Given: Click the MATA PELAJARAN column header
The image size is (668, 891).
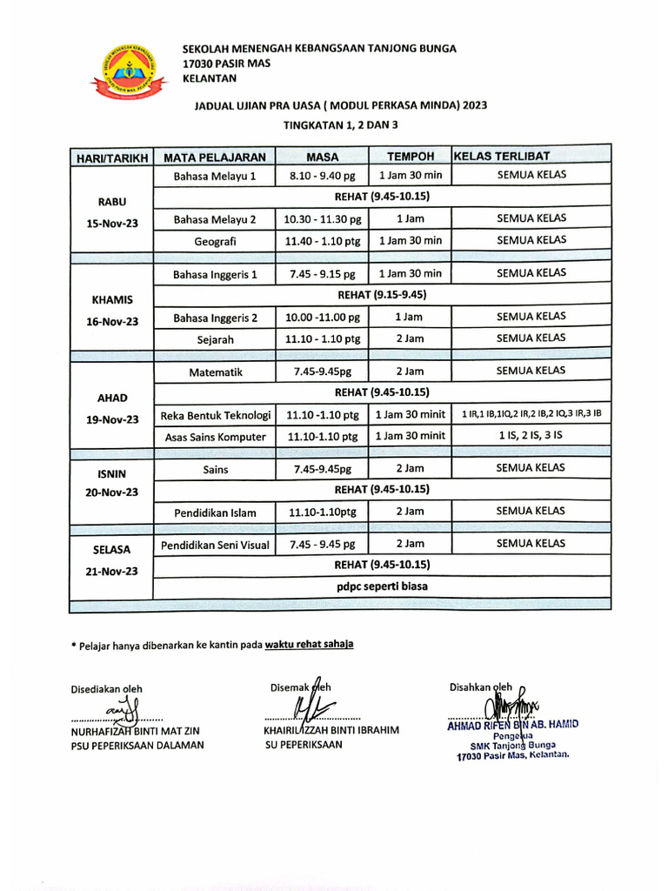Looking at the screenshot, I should click(x=215, y=157).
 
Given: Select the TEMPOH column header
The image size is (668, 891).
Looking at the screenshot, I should click(x=410, y=157).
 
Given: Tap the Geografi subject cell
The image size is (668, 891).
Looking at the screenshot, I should click(x=215, y=241).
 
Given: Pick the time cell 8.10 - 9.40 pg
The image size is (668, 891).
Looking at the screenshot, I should click(x=323, y=176).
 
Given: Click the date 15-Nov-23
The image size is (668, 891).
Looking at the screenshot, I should click(x=112, y=224).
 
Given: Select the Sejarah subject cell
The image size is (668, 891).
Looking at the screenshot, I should click(x=215, y=339).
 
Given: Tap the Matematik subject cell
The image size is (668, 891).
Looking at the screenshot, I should click(x=215, y=372).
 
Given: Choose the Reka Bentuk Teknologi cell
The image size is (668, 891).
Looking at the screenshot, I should click(x=216, y=414).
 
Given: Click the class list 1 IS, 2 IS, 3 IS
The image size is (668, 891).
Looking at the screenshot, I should click(x=531, y=436).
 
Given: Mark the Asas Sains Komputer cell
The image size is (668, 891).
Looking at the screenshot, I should click(x=216, y=437).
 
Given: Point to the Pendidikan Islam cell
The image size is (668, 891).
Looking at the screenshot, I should click(x=215, y=513).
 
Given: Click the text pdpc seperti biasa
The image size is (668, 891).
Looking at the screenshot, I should click(x=383, y=586).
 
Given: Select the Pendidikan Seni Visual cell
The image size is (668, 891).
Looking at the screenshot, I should click(x=216, y=546).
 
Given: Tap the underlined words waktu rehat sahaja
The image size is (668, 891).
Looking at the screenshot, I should click(x=310, y=645).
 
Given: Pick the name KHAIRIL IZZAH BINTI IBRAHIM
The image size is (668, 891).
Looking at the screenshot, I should click(x=331, y=730).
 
